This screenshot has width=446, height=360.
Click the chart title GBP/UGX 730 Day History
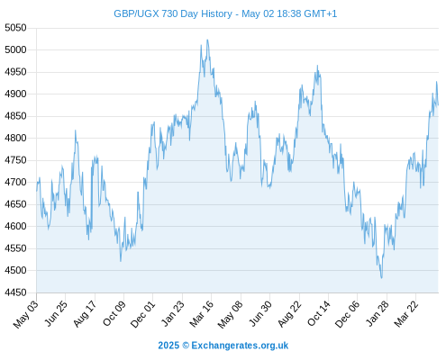[x=173, y=13]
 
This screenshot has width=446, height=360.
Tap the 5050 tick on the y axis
[x=15, y=28]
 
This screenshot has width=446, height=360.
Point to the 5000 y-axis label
[x=15, y=49]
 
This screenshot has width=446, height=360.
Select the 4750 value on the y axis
[x=15, y=160]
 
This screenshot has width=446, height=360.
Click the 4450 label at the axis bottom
[x=15, y=292]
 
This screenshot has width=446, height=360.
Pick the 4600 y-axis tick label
[x=15, y=226]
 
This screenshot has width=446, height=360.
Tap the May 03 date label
[x=26, y=314]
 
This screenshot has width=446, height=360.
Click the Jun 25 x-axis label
[x=56, y=313]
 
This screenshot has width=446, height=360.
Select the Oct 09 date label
[x=114, y=313]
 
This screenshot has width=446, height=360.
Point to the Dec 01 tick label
[x=143, y=313]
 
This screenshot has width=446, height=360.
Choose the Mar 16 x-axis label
[x=202, y=313]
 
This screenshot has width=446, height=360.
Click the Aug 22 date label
[x=289, y=313]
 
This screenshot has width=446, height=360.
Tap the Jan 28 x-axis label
[x=378, y=313]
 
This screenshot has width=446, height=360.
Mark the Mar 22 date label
[x=406, y=313]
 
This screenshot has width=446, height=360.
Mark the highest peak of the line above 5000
[x=207, y=40]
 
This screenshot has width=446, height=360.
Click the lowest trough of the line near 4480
[x=382, y=278]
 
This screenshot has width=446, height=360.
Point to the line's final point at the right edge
[x=438, y=105]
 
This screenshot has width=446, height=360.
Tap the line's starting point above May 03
[x=37, y=191]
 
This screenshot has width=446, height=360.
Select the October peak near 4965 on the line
[x=317, y=66]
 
